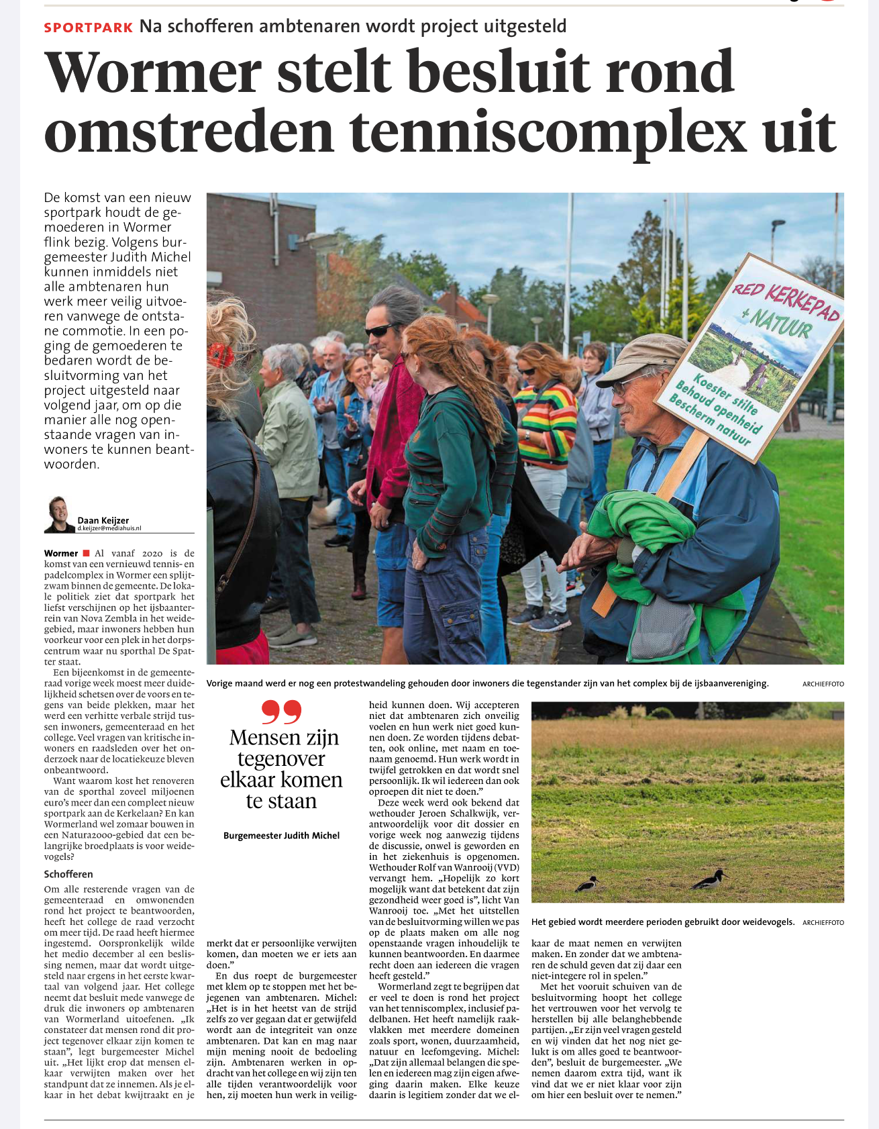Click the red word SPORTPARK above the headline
[89, 28]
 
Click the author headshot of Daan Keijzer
[59, 515]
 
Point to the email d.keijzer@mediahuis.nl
[109, 528]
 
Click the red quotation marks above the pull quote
[281, 711]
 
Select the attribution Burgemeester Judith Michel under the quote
[281, 836]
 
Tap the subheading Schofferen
[68, 874]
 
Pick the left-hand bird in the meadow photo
[588, 883]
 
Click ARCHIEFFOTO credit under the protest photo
[823, 684]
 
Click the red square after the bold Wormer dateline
[86, 553]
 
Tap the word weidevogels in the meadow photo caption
[768, 922]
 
